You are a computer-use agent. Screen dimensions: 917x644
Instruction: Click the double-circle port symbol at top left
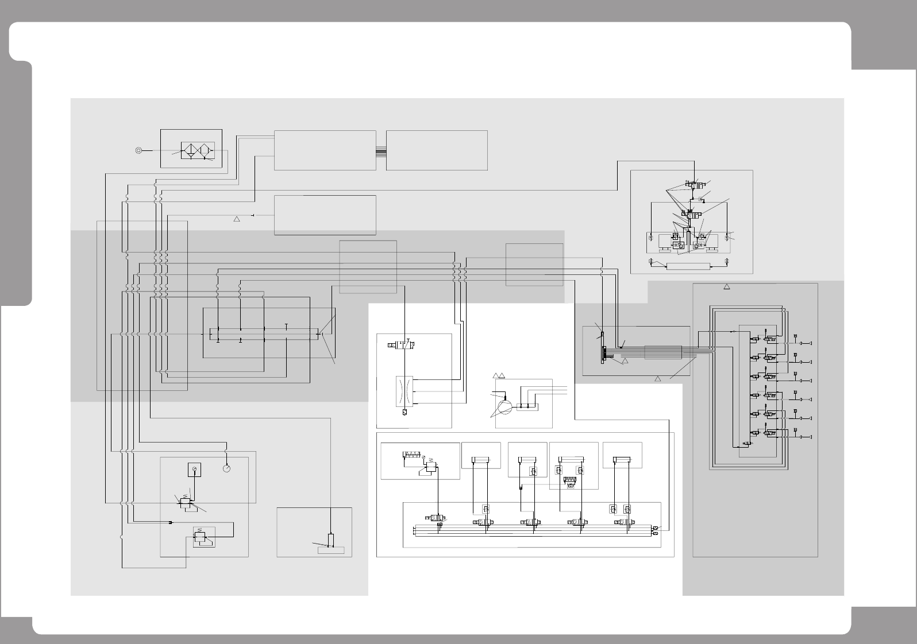(x=138, y=150)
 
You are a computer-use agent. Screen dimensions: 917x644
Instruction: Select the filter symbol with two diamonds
(x=197, y=150)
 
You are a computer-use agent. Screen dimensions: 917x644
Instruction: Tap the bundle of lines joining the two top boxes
(x=381, y=151)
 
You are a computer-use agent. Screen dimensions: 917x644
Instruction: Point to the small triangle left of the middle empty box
(x=236, y=219)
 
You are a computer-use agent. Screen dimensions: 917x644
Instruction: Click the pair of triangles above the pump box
(x=499, y=375)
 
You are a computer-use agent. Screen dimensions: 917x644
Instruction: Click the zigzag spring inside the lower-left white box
(x=413, y=455)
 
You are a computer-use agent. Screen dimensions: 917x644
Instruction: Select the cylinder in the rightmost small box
(x=622, y=459)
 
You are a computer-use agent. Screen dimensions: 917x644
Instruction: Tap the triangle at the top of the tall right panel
(x=726, y=286)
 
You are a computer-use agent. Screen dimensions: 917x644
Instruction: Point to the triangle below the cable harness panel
(x=658, y=378)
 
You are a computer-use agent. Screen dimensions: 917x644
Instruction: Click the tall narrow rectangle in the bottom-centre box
(x=330, y=540)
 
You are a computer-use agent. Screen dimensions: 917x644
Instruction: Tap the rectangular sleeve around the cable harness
(x=662, y=352)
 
